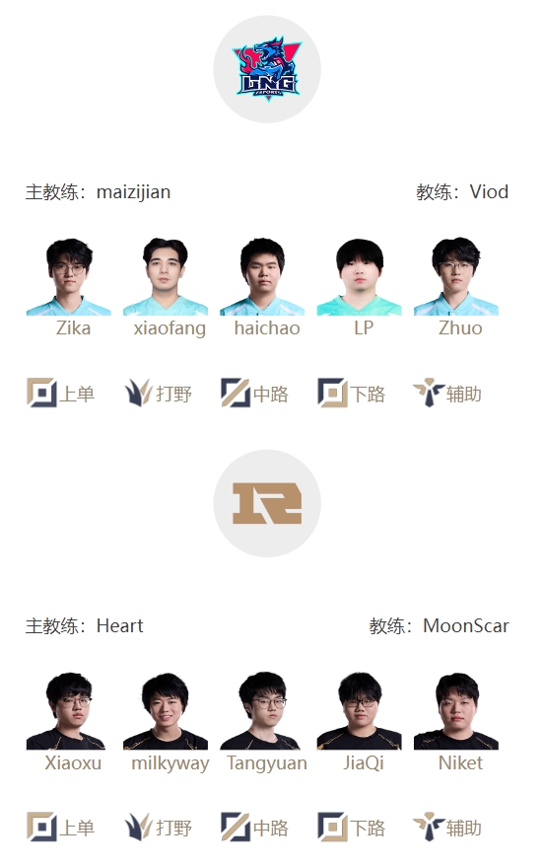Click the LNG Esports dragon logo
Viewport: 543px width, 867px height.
click(267, 69)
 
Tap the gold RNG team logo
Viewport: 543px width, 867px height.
click(267, 503)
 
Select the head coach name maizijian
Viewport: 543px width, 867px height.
click(133, 192)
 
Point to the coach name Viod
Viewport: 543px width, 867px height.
click(489, 192)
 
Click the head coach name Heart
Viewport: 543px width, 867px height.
click(119, 626)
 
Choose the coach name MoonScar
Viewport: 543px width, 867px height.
click(466, 626)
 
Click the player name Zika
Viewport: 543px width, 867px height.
click(73, 327)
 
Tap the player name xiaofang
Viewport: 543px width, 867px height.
click(170, 328)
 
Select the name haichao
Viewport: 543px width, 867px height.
click(267, 327)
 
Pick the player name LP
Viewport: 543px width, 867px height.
click(364, 327)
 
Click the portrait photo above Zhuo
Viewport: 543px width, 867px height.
click(456, 276)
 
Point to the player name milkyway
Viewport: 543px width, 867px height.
click(170, 763)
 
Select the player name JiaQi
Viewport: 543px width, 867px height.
click(364, 763)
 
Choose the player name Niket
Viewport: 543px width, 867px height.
click(460, 763)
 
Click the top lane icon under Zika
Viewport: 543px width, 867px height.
click(41, 393)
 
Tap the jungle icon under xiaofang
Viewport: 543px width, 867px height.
click(138, 393)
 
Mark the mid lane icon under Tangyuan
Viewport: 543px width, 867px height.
click(236, 827)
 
